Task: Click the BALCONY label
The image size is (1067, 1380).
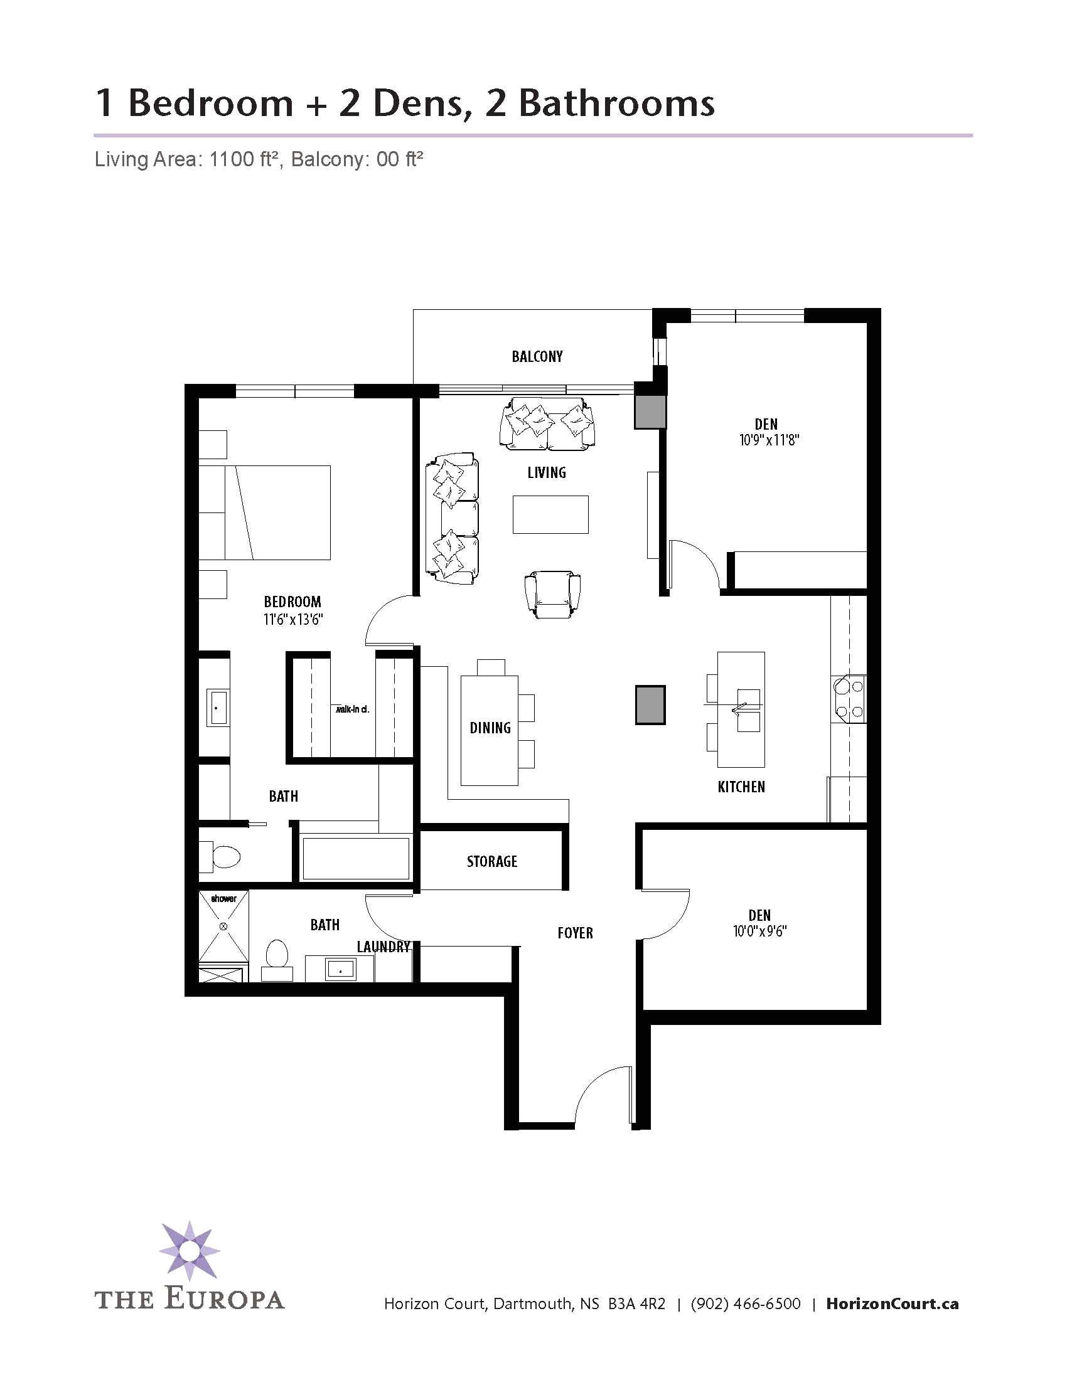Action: pos(537,356)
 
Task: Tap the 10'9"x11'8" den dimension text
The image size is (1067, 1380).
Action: pos(769,440)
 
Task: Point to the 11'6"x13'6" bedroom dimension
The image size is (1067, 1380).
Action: pos(292,619)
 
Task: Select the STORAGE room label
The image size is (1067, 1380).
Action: pos(492,861)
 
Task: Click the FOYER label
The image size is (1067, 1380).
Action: pos(574,933)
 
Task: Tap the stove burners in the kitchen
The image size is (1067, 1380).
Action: pos(849,699)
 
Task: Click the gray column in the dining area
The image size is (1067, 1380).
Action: pos(650,704)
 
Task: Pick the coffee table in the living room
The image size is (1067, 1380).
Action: pos(550,514)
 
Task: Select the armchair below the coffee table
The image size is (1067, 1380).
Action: pos(552,595)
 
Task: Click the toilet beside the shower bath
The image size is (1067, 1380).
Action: pos(277,958)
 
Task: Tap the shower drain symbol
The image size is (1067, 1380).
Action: pos(223,926)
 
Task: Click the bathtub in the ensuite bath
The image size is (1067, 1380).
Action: pos(355,858)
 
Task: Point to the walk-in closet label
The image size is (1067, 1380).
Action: pos(352,709)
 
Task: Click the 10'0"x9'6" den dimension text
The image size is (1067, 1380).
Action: pos(759,932)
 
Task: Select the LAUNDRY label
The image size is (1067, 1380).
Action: pos(383,947)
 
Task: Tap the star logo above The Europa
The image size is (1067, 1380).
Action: pos(189,1251)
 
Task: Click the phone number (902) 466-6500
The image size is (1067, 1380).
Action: pos(745,1303)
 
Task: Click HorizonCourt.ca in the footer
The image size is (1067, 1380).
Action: pos(892,1303)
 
